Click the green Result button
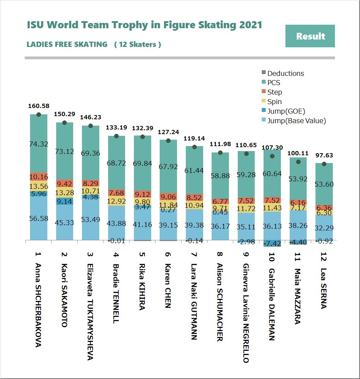click(310, 36)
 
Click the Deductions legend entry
click(285, 73)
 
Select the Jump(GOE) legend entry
click(286, 111)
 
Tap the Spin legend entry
click(274, 102)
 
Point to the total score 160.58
click(39, 106)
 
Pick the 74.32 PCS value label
click(39, 144)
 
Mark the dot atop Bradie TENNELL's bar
click(116, 136)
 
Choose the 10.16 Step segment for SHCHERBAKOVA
click(39, 177)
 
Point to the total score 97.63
click(324, 156)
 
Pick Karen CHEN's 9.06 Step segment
click(169, 197)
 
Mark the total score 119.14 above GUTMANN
click(194, 139)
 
